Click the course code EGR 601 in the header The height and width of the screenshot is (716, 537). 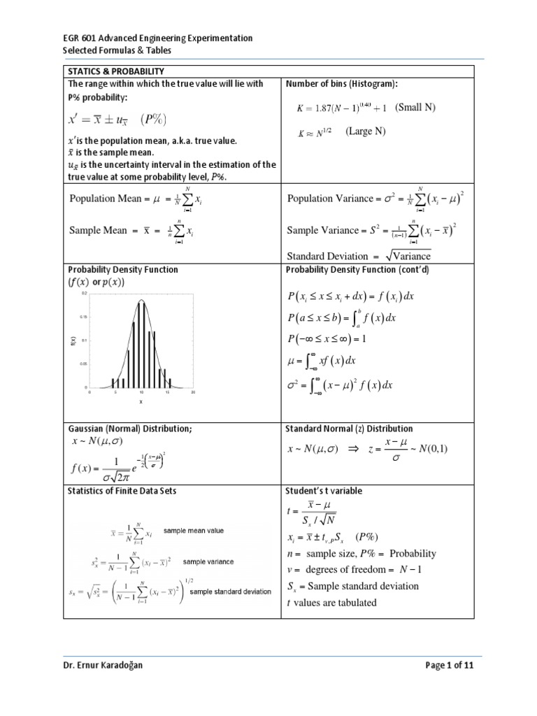coord(83,38)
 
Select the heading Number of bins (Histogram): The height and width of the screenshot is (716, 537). coord(342,84)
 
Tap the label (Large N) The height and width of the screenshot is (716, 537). coord(366,131)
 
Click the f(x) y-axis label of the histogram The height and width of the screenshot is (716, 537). coord(73,341)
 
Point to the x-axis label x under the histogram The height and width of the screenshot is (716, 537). coord(141,402)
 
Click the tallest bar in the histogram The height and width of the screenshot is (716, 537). coord(141,343)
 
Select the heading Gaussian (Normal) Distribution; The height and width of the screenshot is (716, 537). coord(129,429)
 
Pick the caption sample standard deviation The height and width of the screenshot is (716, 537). coord(230,591)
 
